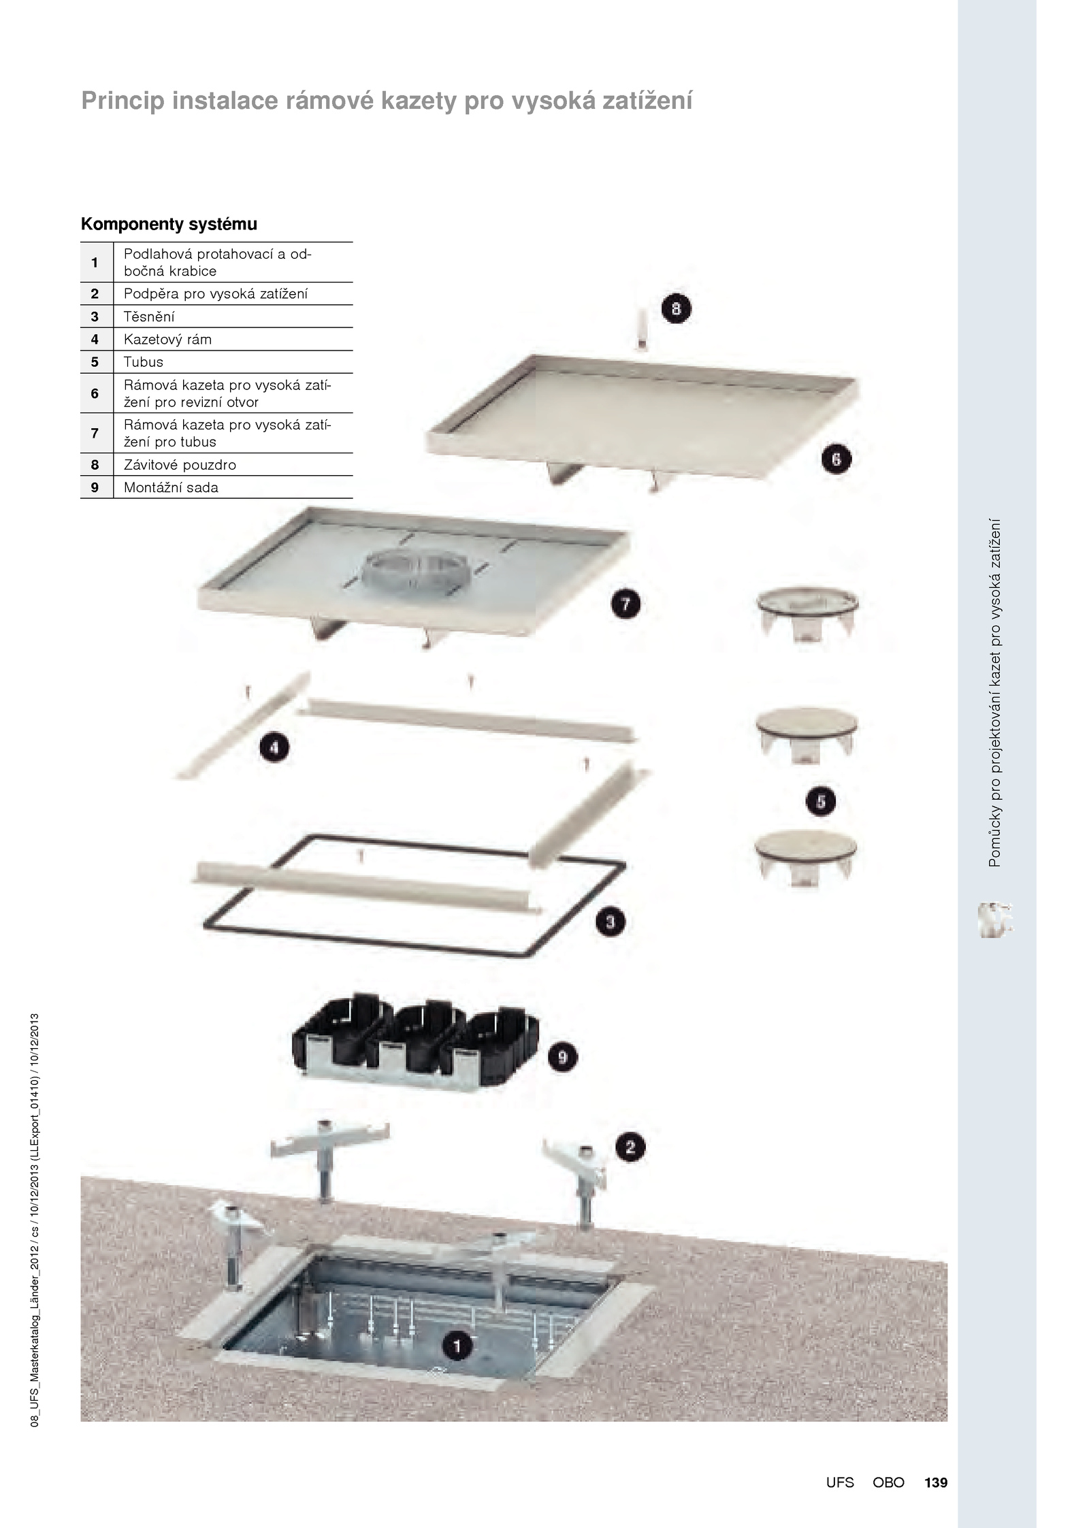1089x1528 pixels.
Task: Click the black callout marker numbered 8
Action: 676,309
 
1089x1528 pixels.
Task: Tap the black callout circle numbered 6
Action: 836,459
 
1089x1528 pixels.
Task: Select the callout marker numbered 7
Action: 625,604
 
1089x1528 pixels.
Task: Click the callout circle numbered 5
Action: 821,801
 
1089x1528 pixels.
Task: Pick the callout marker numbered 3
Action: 611,922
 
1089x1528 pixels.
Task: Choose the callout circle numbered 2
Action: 630,1148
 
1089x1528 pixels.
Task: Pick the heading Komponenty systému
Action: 169,224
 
